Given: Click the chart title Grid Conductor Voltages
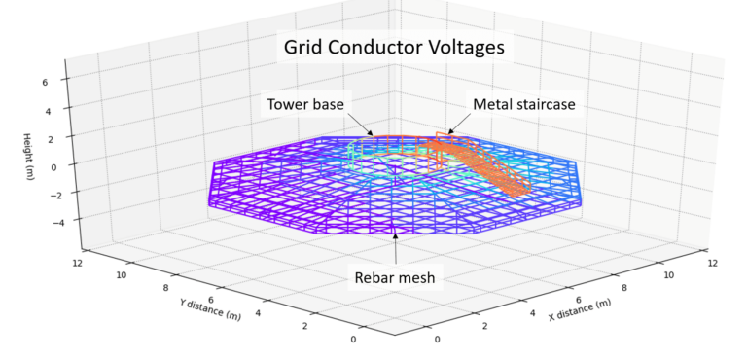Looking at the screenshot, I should (393, 47).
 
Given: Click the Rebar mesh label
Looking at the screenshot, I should (394, 278).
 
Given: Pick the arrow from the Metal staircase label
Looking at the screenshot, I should (458, 126).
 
